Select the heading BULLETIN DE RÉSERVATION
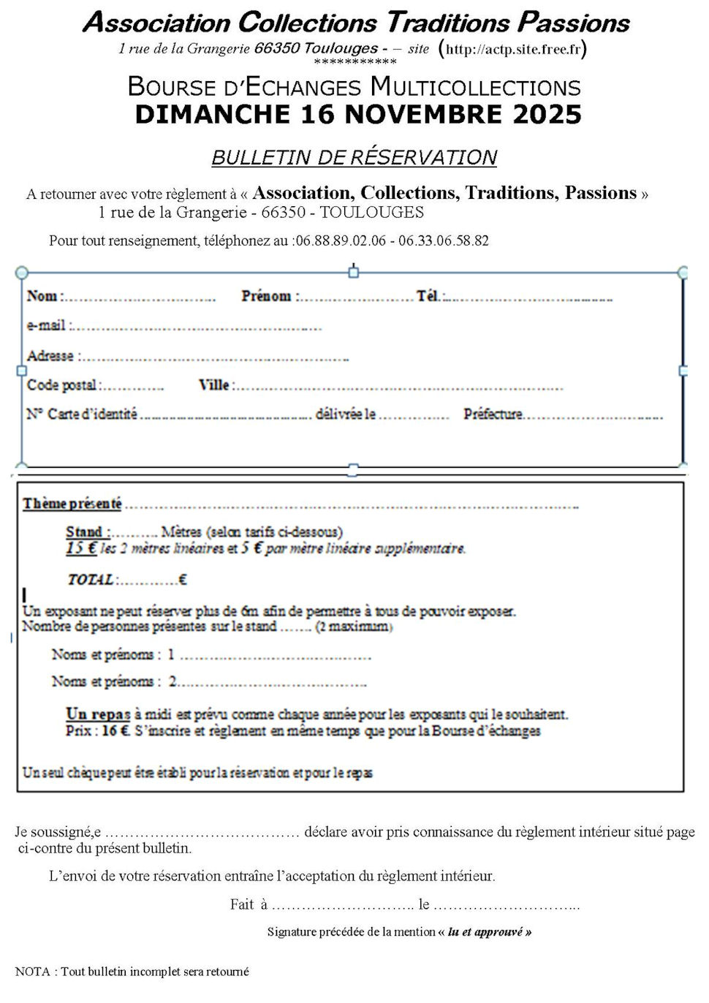(x=354, y=157)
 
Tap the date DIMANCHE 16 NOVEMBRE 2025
(x=358, y=114)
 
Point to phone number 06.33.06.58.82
(x=444, y=241)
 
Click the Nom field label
(x=42, y=296)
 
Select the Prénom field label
(x=267, y=296)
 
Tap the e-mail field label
(x=46, y=325)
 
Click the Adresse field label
(x=50, y=356)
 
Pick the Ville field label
(x=214, y=385)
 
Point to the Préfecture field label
(x=493, y=415)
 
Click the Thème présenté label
(x=72, y=504)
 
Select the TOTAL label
(x=91, y=580)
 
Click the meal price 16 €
(x=115, y=730)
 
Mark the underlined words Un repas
(x=98, y=714)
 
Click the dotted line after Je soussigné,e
(x=202, y=833)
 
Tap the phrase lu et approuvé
(x=489, y=932)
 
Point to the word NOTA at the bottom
(x=32, y=972)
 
